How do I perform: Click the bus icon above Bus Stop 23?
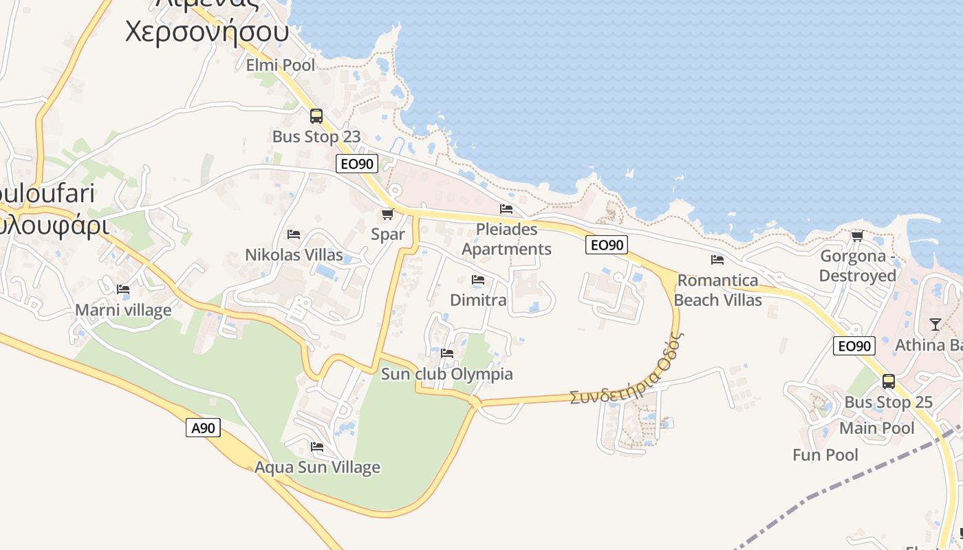(316, 116)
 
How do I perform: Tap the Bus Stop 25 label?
(888, 402)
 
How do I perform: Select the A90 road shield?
(203, 428)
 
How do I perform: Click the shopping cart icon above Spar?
(388, 214)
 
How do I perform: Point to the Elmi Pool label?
(281, 65)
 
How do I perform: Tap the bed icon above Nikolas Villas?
(294, 234)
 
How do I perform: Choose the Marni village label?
(123, 310)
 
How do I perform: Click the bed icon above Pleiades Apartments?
(506, 209)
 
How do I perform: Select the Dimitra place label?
(478, 300)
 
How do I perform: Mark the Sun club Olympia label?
(447, 374)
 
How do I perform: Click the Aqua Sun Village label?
(317, 467)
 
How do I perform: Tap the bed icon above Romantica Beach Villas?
(717, 260)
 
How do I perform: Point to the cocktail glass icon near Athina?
(935, 324)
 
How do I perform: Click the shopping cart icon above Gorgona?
(857, 236)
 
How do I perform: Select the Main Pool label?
(877, 428)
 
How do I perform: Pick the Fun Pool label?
(825, 455)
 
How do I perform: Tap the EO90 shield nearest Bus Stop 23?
(357, 164)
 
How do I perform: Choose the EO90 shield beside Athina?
(854, 346)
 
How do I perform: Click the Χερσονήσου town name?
(206, 32)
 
